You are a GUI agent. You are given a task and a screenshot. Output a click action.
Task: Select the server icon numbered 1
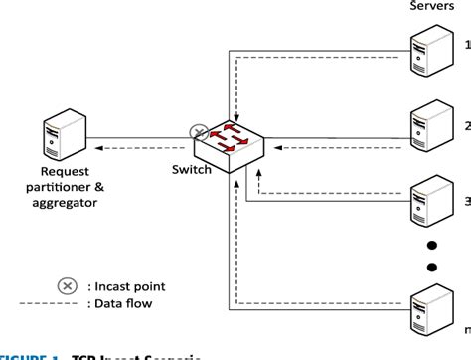429,48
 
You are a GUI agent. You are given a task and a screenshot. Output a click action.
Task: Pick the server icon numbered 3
429,200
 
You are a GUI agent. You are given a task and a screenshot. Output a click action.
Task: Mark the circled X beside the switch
199,133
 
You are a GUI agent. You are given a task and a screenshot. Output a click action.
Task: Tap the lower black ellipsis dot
431,266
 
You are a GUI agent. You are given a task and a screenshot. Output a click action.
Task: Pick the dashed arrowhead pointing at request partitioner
101,150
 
